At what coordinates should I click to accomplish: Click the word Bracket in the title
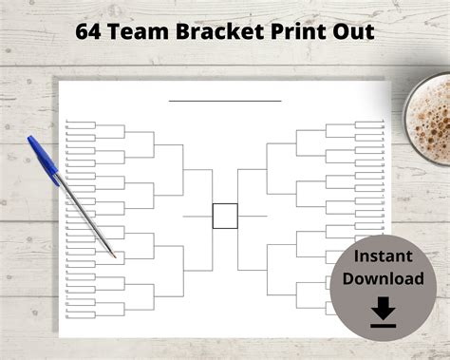tap(216, 31)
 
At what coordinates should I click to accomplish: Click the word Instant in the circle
tap(383, 257)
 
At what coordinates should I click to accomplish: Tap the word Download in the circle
tap(383, 278)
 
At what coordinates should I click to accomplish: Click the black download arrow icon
tap(383, 311)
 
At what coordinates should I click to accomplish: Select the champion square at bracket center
tap(225, 216)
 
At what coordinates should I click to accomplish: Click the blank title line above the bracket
tap(225, 100)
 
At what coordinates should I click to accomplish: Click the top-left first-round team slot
tap(81, 123)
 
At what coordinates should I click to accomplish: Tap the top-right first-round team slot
tap(367, 123)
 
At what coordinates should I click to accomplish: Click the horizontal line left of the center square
tap(197, 216)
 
